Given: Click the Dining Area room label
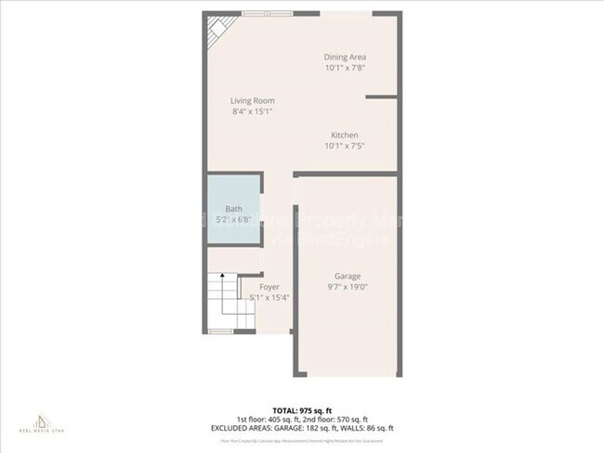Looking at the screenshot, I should pyautogui.click(x=344, y=57).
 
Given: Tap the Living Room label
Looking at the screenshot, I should pyautogui.click(x=252, y=100).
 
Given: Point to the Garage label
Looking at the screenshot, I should pyautogui.click(x=348, y=276).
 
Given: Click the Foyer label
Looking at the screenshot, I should pyautogui.click(x=269, y=287).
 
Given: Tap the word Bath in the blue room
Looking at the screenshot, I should pyautogui.click(x=233, y=209).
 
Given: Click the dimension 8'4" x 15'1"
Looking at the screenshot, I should pyautogui.click(x=252, y=111).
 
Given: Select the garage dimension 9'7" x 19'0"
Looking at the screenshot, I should pyautogui.click(x=348, y=287).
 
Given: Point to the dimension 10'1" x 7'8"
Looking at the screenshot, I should pyautogui.click(x=344, y=68).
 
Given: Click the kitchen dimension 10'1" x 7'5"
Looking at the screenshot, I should pyautogui.click(x=344, y=147).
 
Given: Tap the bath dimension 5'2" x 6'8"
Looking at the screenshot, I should pyautogui.click(x=233, y=220).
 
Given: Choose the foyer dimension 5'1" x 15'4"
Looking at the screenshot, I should pyautogui.click(x=269, y=298).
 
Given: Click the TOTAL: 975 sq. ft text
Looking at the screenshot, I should pyautogui.click(x=302, y=409).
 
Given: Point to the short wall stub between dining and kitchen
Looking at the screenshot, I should pyautogui.click(x=381, y=96).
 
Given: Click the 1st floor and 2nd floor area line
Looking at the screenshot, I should pyautogui.click(x=302, y=419).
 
